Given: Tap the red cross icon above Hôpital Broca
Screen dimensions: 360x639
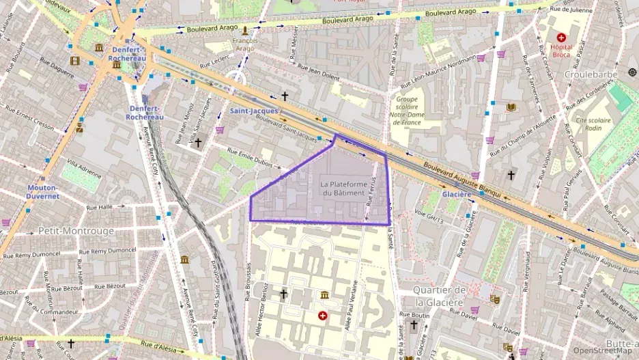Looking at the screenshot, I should coord(561,38).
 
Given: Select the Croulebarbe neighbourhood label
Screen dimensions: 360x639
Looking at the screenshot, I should coord(594,74).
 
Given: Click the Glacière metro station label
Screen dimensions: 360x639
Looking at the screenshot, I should coord(457,194).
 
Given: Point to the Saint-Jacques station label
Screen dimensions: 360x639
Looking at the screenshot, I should coord(254,111).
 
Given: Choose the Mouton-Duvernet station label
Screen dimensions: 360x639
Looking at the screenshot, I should coord(43,191).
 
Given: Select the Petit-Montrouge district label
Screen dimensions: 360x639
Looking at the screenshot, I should coord(76,231).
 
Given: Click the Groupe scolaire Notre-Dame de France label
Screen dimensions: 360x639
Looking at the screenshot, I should coord(408,110).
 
